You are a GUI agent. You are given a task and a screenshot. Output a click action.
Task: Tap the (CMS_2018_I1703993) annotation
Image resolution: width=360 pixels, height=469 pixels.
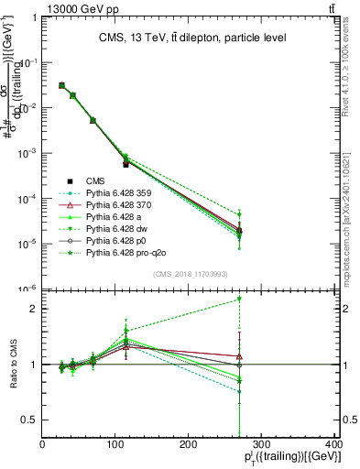[x=190, y=274]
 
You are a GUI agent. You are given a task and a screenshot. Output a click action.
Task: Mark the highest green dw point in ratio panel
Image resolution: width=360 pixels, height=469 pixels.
[x=239, y=299]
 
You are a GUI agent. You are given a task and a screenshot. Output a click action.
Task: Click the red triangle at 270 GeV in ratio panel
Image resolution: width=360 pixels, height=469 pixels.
[x=239, y=356]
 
